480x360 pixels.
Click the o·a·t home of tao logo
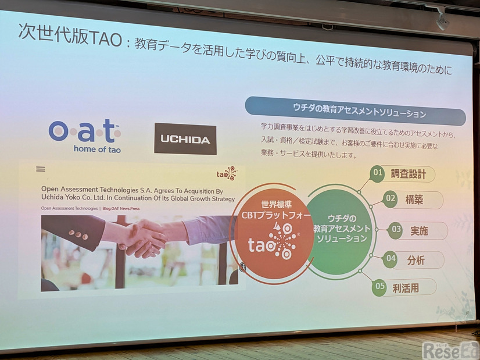pyautogui.click(x=85, y=135)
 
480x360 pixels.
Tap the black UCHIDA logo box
pyautogui.click(x=185, y=139)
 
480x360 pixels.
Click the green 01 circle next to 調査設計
pyautogui.click(x=378, y=172)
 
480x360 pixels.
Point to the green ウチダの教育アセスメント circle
pyautogui.click(x=341, y=227)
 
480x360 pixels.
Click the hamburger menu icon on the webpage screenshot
pyautogui.click(x=40, y=169)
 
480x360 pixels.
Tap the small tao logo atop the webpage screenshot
pyautogui.click(x=227, y=173)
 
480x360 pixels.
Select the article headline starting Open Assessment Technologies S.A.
pyautogui.click(x=137, y=194)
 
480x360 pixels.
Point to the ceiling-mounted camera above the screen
pyautogui.click(x=442, y=21)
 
